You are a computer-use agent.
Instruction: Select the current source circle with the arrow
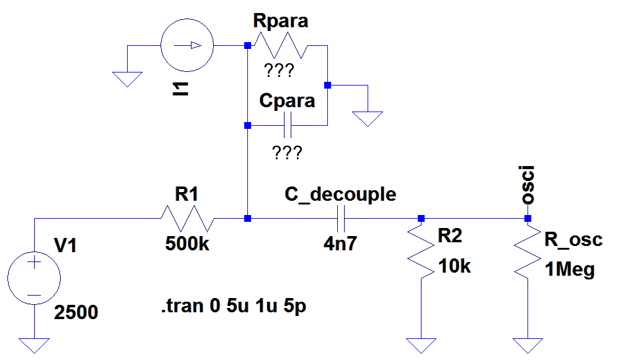(x=187, y=46)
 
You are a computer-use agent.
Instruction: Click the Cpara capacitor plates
(x=287, y=125)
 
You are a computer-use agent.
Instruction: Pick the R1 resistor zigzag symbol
(x=187, y=219)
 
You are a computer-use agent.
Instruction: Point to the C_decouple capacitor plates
(x=340, y=219)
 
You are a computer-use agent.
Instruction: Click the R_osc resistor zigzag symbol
(x=528, y=255)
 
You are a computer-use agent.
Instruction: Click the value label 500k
(x=187, y=244)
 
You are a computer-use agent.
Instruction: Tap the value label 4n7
(x=340, y=244)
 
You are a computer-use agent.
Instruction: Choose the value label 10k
(x=455, y=267)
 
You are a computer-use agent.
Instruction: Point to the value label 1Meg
(x=570, y=270)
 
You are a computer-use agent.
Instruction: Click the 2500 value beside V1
(x=76, y=312)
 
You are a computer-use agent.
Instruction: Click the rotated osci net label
(x=528, y=185)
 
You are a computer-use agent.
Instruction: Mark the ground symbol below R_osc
(x=528, y=345)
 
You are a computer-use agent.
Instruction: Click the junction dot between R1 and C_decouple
(x=248, y=219)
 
